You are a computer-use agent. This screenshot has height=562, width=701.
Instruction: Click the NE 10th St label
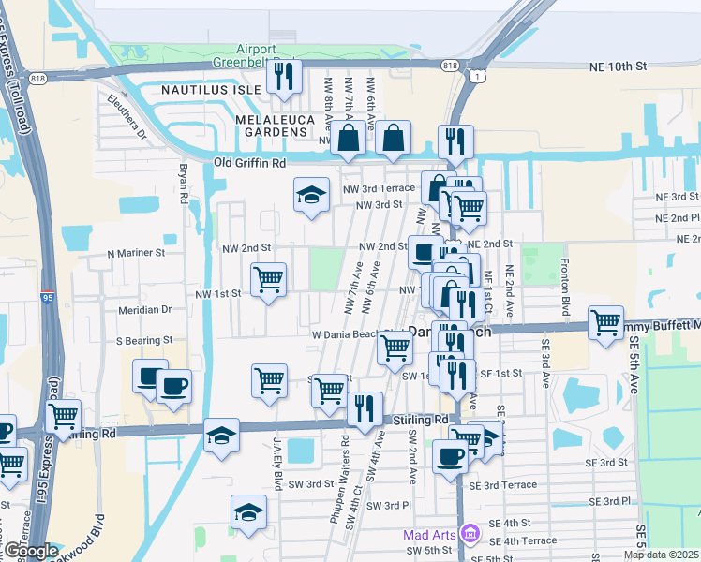(619, 67)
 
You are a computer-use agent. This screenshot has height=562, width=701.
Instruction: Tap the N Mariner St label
(136, 253)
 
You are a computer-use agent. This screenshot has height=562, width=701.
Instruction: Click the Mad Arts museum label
(429, 535)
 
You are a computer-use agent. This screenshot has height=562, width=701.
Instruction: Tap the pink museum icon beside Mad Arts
(470, 535)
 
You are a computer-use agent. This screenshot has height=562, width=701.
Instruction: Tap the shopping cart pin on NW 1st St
(269, 279)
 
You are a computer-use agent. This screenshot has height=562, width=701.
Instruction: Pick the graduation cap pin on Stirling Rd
(221, 436)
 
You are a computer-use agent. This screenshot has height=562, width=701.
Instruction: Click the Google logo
(30, 551)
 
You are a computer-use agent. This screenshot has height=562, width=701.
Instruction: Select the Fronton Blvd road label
(565, 278)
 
